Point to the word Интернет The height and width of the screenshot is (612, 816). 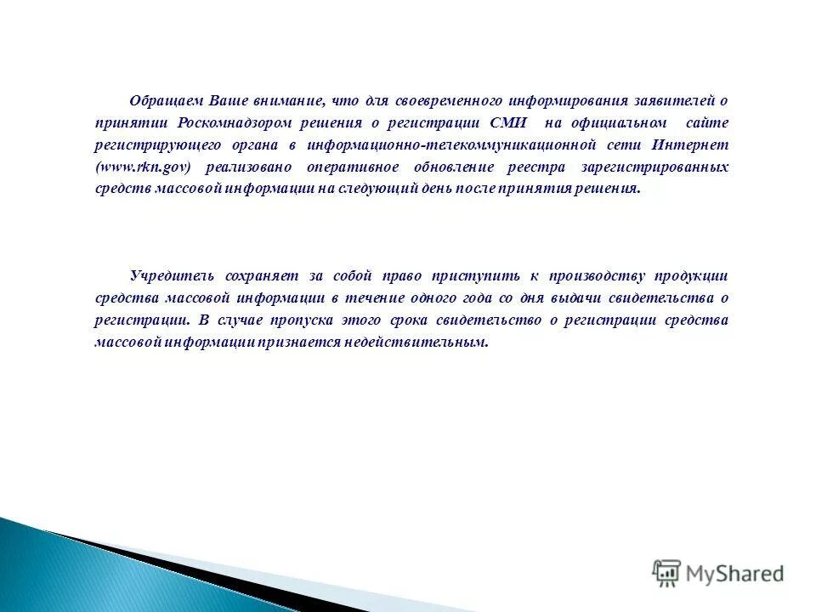click(698, 144)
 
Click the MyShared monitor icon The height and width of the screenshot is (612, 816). click(666, 573)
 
